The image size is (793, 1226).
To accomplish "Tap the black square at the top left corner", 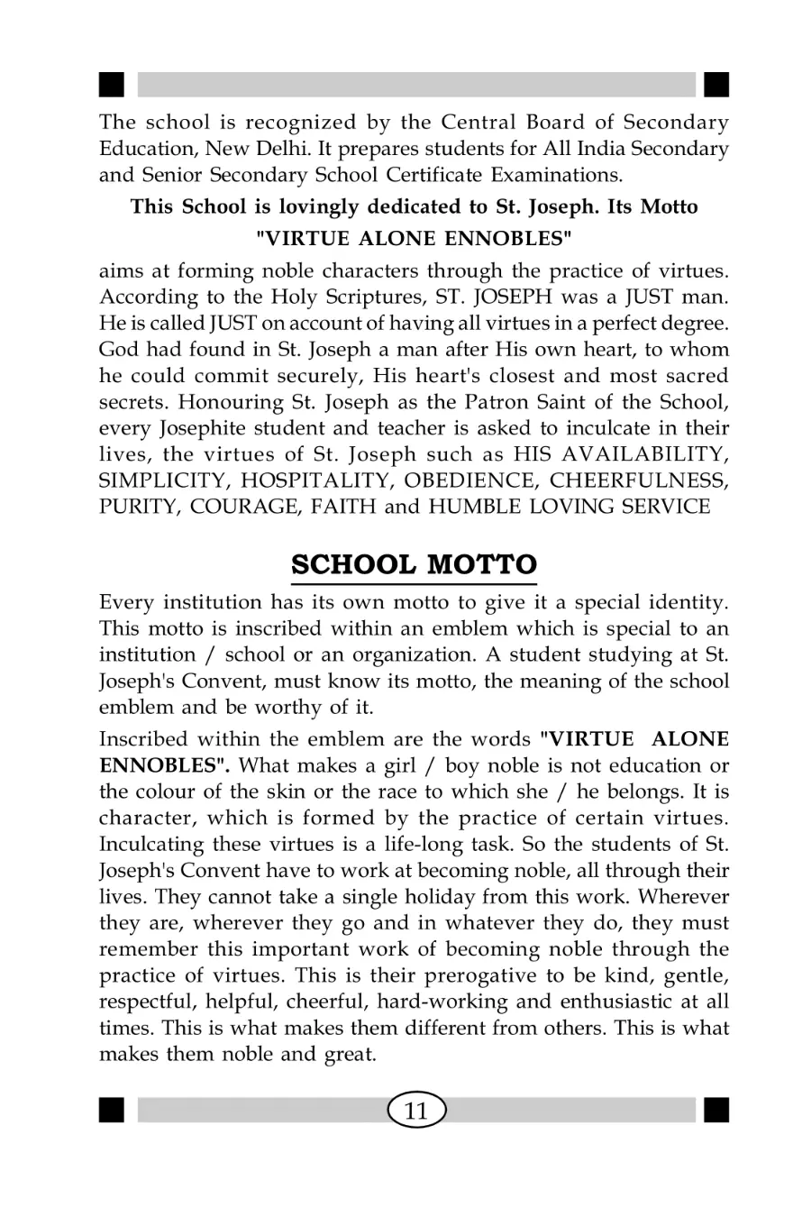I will coord(111,84).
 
